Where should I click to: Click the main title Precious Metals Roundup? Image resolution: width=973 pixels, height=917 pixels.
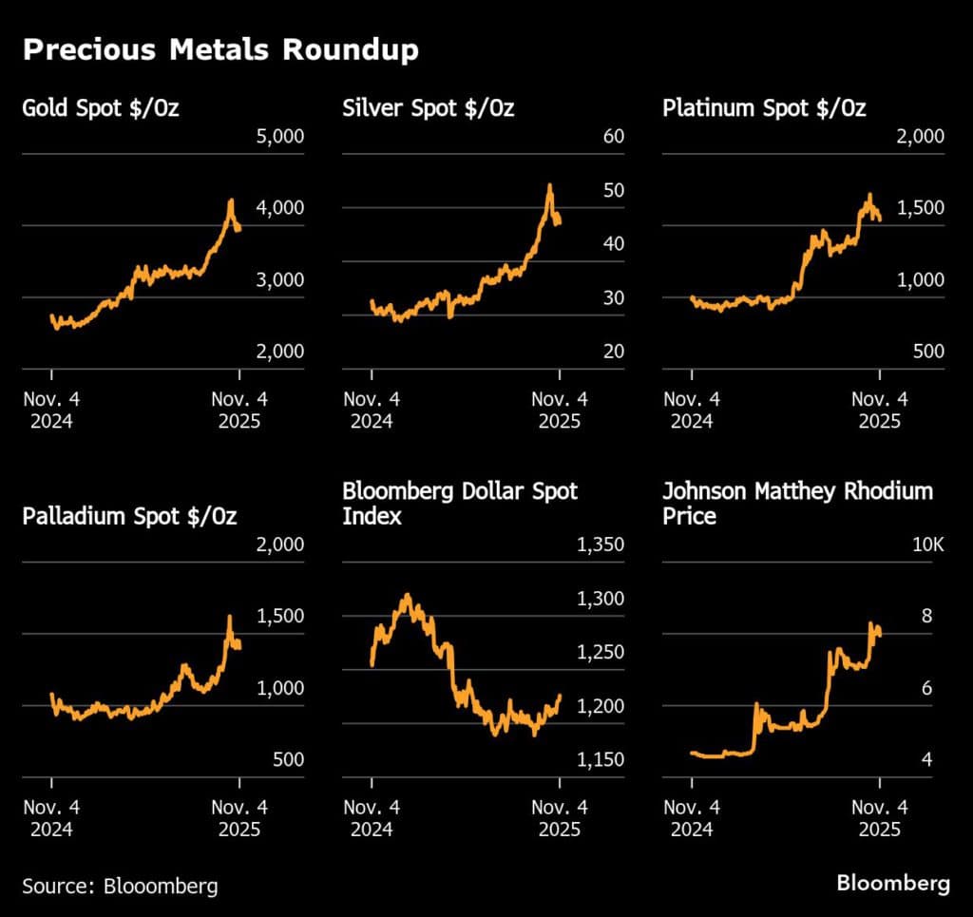tap(220, 50)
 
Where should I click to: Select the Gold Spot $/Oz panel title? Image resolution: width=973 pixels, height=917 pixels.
tap(101, 107)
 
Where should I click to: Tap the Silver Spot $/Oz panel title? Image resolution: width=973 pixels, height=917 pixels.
tap(428, 107)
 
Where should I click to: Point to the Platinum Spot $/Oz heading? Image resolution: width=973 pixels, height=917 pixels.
tap(764, 107)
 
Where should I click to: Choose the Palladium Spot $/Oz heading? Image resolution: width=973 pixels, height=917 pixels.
tap(129, 517)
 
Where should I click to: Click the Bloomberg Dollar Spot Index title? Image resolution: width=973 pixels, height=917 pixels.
tap(460, 504)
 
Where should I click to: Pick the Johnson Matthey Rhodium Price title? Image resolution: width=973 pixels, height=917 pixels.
tap(797, 504)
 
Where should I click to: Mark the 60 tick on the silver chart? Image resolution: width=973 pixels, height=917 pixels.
tap(614, 136)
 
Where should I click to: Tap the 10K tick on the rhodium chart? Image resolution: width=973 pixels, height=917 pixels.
tap(928, 545)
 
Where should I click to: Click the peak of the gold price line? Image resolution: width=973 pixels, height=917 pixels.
tap(230, 201)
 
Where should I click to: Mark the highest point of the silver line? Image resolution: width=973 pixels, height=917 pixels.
tap(549, 185)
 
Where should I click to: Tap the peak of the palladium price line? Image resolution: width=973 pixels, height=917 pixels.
tap(229, 617)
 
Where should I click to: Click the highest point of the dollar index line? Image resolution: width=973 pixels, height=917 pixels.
tap(408, 595)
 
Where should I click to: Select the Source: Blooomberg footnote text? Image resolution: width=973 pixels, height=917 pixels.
tap(120, 886)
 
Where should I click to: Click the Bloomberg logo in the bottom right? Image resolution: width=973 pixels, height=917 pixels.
tap(892, 884)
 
